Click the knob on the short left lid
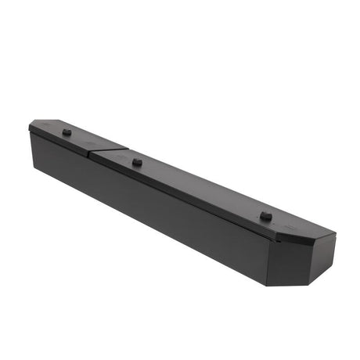click(x=67, y=132)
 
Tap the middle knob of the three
click(x=137, y=162)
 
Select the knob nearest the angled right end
click(x=265, y=215)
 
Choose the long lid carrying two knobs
click(x=203, y=188)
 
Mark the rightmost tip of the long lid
click(x=336, y=233)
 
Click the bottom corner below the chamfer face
click(x=268, y=285)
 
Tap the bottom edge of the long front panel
click(x=149, y=226)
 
